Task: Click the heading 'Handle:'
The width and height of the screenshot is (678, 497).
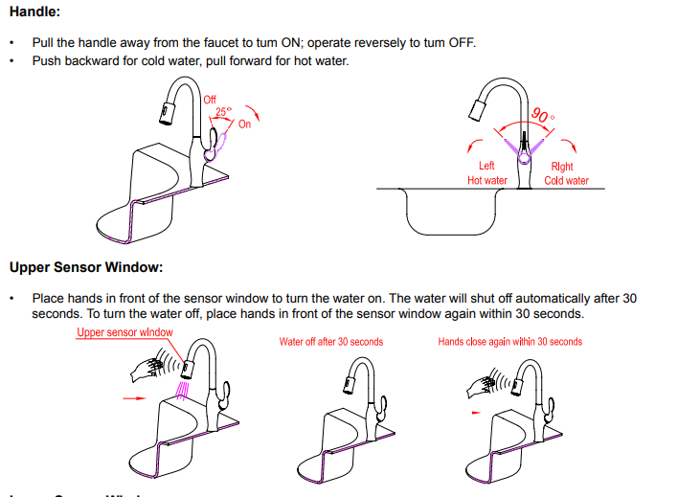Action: pos(35,14)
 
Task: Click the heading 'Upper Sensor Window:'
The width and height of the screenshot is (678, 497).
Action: pos(86,266)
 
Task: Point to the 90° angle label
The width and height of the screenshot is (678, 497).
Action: pos(541,115)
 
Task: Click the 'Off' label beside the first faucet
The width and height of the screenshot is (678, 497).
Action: pos(211,100)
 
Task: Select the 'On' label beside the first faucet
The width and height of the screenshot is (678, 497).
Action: pos(244,124)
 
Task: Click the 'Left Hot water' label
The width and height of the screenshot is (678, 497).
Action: pos(486,173)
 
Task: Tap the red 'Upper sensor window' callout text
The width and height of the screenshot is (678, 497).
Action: pos(124,332)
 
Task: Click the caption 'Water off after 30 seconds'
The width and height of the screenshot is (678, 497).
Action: pos(330,342)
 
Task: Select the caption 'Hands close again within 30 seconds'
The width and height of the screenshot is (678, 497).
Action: pos(509,342)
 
